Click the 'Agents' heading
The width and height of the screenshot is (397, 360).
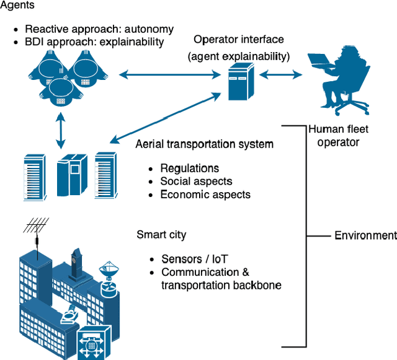18,7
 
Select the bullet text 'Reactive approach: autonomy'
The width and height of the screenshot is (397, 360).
99,29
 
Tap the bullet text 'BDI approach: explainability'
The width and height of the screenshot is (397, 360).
94,42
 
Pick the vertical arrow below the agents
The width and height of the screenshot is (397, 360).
60,131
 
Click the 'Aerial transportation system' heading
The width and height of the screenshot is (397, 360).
204,144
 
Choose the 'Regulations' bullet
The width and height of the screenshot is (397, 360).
189,169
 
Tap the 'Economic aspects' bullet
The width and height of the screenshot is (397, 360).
205,195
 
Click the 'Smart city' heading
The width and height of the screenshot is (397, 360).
161,235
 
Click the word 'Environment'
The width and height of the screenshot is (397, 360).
365,235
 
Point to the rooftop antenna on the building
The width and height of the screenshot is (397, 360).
36,232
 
